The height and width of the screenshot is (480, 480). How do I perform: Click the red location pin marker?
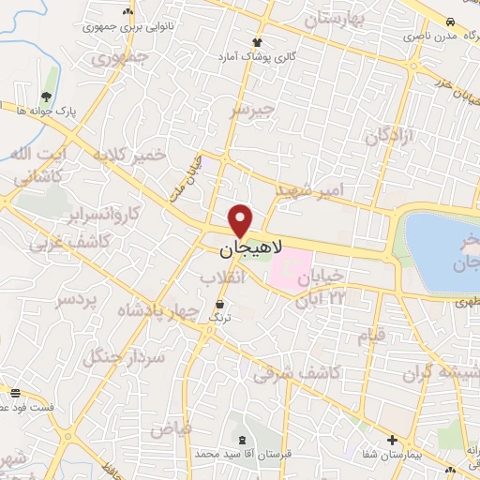[x=241, y=220]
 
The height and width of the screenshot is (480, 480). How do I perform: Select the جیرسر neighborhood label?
[x=254, y=112]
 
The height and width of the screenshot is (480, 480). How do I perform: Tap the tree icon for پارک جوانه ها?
[x=47, y=97]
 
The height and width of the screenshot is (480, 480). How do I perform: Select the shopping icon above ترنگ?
[x=219, y=305]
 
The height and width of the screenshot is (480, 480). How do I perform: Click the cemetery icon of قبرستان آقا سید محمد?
[x=245, y=440]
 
